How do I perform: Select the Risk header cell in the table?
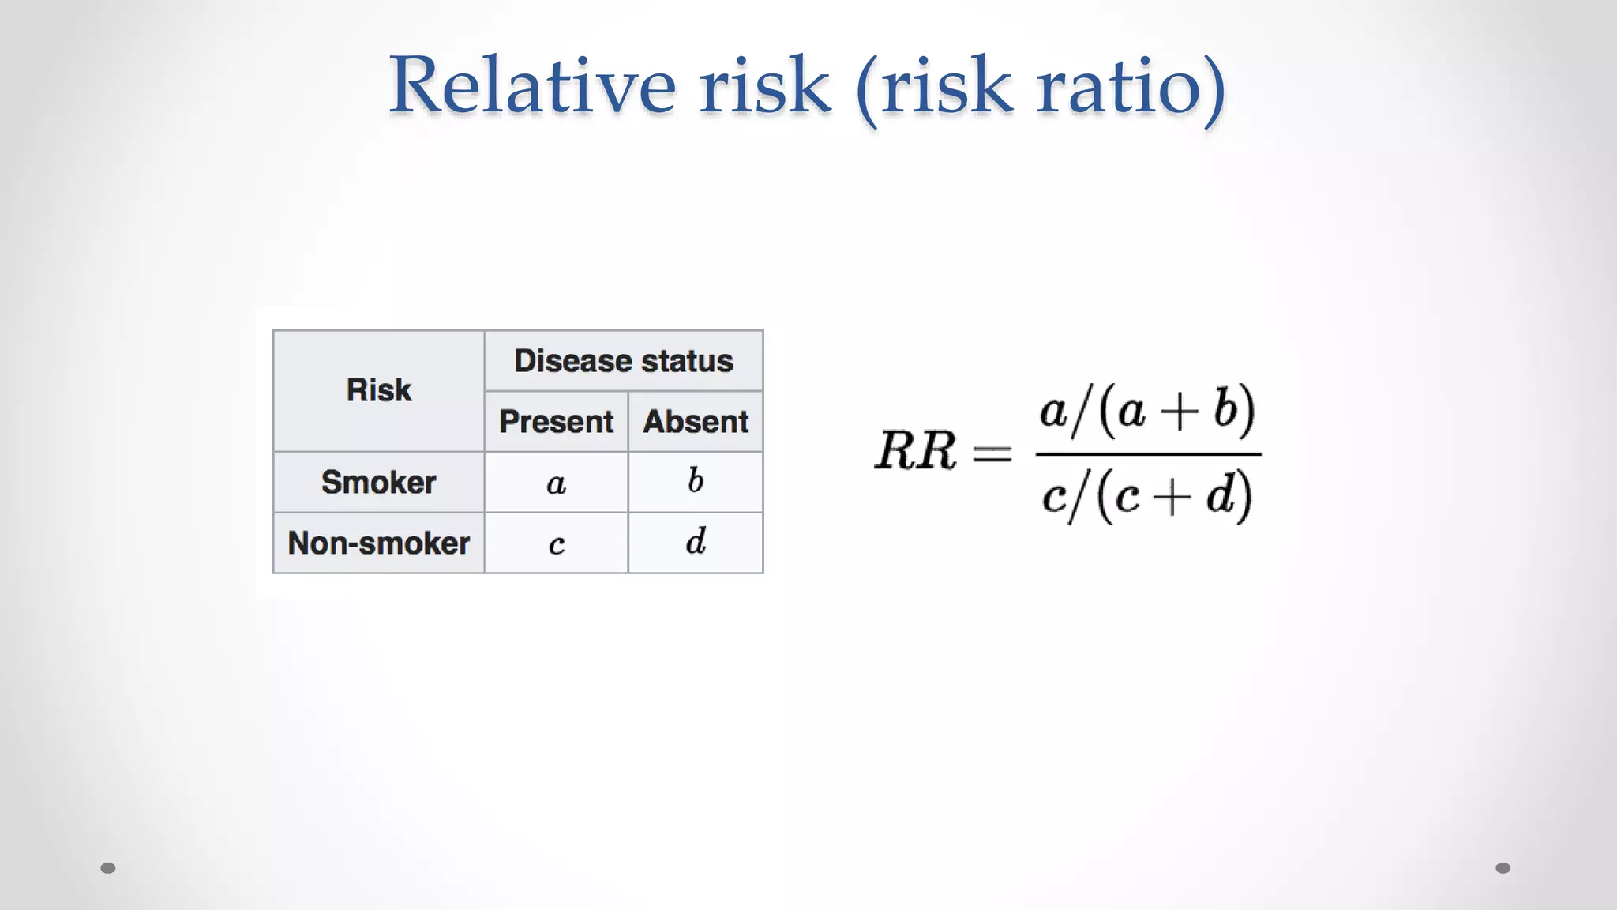(x=379, y=390)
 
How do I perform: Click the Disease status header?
(x=624, y=361)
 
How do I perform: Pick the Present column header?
(x=556, y=422)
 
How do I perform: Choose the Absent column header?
(x=696, y=422)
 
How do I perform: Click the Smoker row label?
(x=379, y=482)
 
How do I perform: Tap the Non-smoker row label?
(x=379, y=543)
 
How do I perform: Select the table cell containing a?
(x=556, y=483)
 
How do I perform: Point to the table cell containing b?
(x=696, y=482)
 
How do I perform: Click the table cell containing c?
(x=556, y=543)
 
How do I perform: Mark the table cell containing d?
(x=696, y=543)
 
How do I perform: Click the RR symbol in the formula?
(x=915, y=451)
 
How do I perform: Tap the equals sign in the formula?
(x=992, y=453)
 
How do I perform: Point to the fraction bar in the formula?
(x=1148, y=454)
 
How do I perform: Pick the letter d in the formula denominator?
(x=1221, y=495)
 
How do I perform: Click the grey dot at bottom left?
(x=108, y=868)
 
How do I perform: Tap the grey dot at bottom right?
(x=1503, y=868)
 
